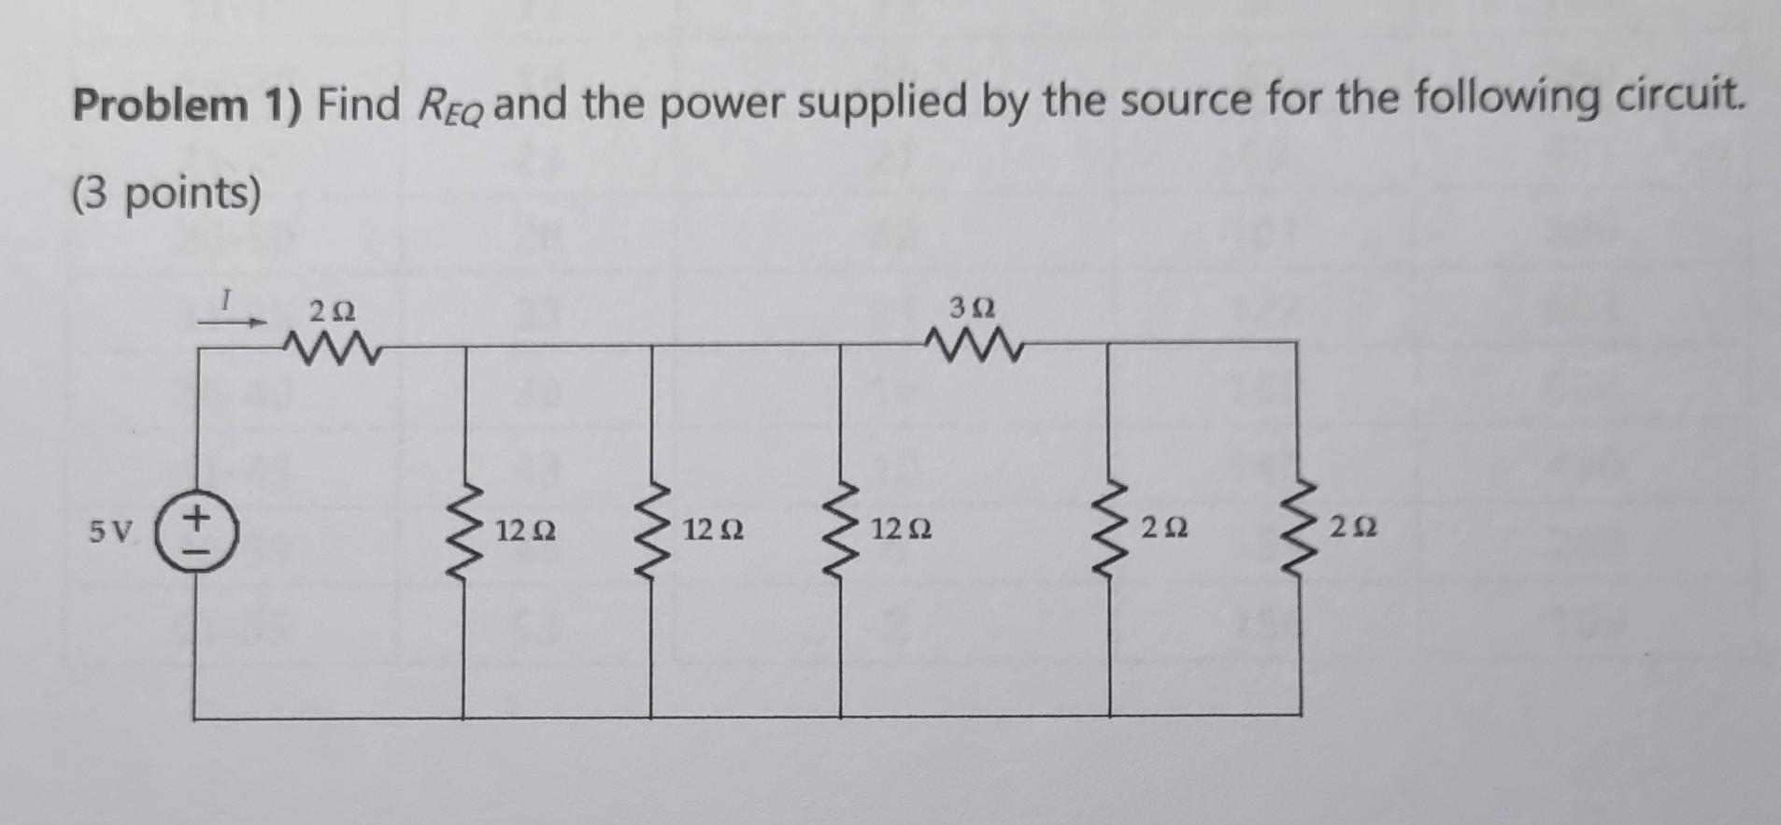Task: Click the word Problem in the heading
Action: click(x=160, y=106)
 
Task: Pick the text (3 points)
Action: click(x=167, y=195)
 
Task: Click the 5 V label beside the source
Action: click(x=111, y=533)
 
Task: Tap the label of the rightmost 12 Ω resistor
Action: click(x=902, y=532)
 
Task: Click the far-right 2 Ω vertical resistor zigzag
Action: click(x=1301, y=531)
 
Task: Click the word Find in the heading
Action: click(x=358, y=104)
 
